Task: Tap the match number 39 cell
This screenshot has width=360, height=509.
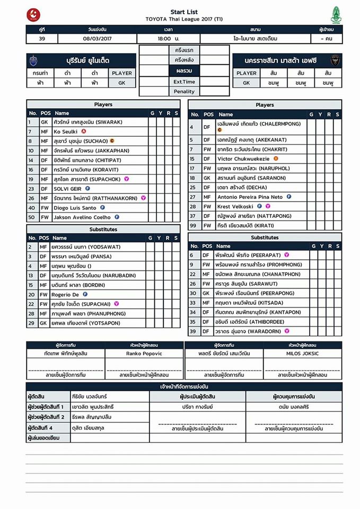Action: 42,39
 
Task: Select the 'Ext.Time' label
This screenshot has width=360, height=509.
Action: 185,82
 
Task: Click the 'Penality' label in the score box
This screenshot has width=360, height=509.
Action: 185,91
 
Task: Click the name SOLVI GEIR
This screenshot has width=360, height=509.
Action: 67,188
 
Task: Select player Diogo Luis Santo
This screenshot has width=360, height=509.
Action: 75,207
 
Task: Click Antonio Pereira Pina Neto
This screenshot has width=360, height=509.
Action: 250,197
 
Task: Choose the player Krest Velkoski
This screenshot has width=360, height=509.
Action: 235,206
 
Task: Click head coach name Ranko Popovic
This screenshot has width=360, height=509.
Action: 144,353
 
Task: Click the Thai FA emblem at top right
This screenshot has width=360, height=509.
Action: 336,14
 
